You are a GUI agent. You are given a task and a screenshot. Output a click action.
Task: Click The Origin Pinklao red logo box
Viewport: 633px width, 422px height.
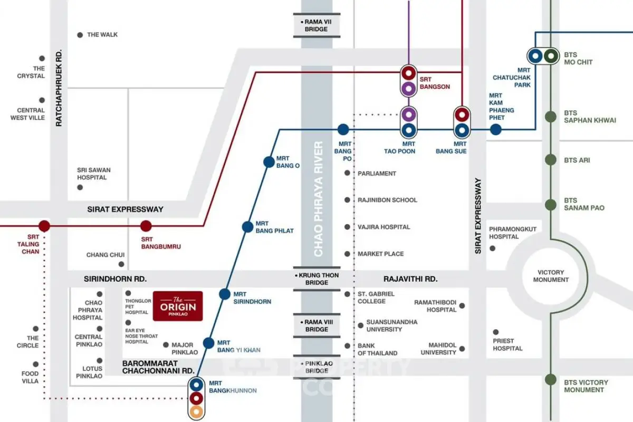pos(178,306)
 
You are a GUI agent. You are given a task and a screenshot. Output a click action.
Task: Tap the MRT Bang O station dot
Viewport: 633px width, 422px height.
pos(269,162)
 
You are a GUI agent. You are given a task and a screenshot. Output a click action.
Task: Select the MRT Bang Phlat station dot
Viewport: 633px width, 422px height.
pos(247,227)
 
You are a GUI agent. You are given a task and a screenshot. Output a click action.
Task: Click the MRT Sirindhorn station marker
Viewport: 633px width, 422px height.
pos(225,294)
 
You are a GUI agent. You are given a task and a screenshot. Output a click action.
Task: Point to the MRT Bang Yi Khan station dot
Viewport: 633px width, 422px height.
pos(209,343)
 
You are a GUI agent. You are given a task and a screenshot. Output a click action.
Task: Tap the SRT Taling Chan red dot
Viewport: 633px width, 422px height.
pos(44,226)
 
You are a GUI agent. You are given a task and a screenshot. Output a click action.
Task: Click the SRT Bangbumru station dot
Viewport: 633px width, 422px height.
pos(146,226)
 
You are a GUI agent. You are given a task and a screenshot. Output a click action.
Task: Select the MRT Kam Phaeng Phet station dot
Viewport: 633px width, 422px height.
pos(495,129)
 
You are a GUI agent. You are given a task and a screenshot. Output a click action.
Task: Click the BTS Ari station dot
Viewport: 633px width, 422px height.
pos(551,160)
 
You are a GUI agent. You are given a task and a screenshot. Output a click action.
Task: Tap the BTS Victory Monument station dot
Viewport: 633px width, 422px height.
pos(551,379)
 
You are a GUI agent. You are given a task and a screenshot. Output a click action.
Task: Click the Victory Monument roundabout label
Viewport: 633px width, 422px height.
pos(551,276)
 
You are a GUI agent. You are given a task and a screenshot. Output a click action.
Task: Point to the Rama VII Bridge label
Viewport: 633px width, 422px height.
pos(316,25)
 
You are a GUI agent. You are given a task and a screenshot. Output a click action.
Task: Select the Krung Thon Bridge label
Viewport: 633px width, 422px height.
pos(316,279)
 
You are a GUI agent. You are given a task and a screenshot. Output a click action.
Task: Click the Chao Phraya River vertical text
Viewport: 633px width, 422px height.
pos(318,199)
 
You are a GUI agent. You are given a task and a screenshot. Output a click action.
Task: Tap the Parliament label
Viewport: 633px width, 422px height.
pos(377,174)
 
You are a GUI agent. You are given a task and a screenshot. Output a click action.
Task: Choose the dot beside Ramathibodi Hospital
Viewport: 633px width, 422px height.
pos(462,305)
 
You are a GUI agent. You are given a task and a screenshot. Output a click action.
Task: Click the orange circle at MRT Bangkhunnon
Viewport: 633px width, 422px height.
pos(197,411)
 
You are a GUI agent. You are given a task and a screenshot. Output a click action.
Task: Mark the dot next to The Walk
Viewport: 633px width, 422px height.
pos(80,35)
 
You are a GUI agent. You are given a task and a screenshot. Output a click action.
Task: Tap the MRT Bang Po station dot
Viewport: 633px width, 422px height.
pos(343,129)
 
